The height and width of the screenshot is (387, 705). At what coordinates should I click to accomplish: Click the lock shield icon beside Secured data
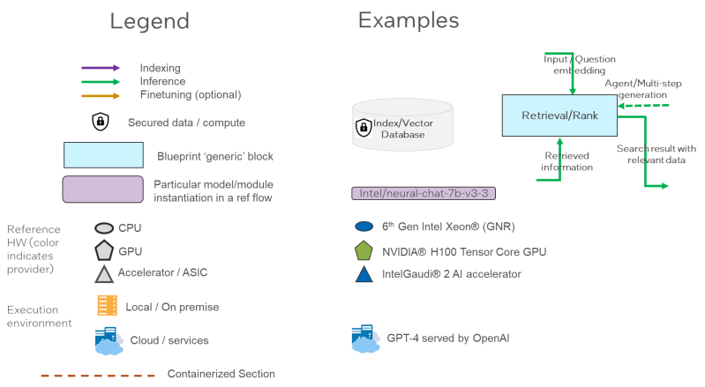(101, 122)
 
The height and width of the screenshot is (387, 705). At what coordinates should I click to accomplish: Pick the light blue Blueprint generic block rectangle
(103, 155)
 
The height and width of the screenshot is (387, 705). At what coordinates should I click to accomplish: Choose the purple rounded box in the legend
(103, 189)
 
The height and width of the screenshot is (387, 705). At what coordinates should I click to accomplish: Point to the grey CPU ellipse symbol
(103, 227)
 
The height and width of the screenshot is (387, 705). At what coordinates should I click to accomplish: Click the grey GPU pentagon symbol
(103, 250)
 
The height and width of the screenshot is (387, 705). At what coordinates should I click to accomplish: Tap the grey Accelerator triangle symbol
(103, 274)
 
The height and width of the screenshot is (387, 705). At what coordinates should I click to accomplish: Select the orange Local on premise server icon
(107, 306)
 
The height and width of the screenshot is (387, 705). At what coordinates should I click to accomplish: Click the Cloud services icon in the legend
(109, 340)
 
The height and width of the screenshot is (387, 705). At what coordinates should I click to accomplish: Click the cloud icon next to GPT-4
(366, 338)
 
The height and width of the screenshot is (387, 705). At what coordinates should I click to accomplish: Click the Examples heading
(408, 20)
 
